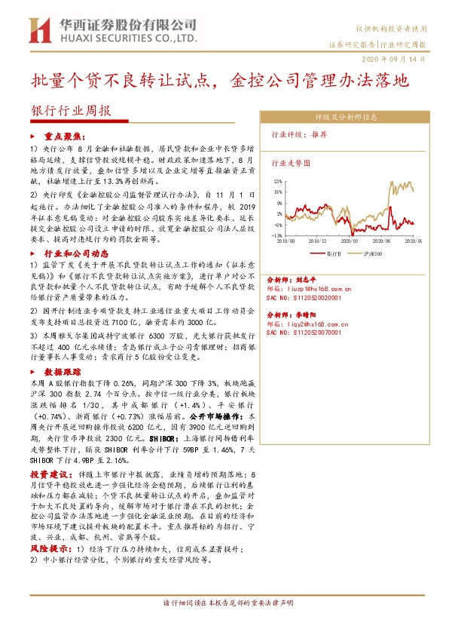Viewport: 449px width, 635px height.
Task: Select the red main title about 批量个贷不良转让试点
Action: [219, 81]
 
